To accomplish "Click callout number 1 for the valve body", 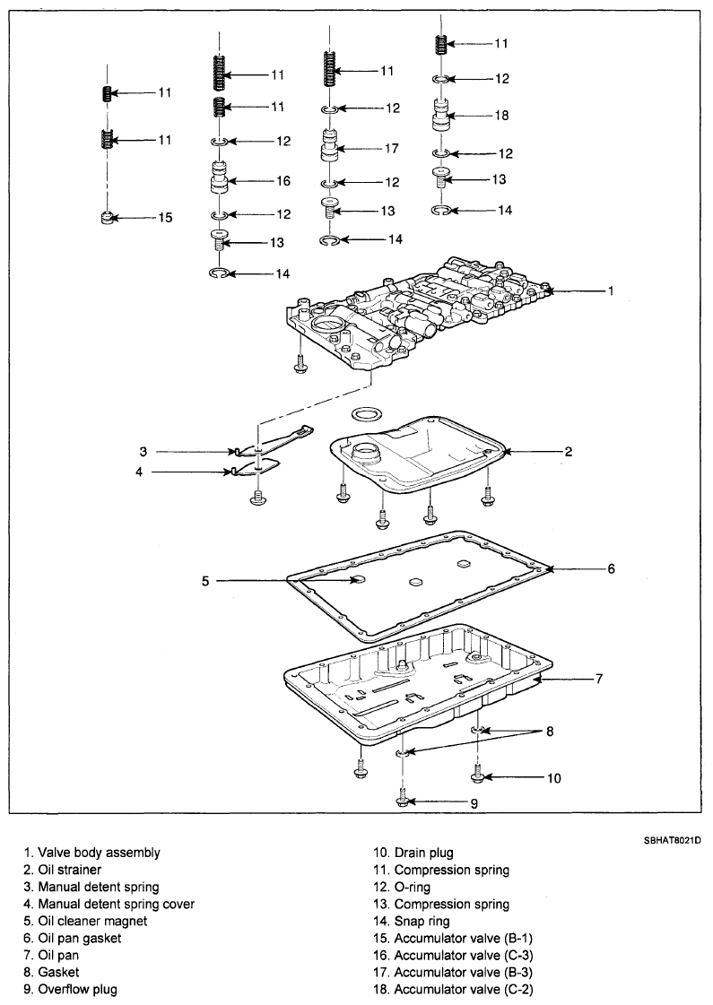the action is (x=611, y=291).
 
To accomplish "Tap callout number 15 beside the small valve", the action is (x=165, y=218).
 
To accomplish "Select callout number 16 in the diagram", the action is (x=283, y=181).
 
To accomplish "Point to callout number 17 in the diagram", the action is (x=392, y=148).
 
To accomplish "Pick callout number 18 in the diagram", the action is (x=501, y=116).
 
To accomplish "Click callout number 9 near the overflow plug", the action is (x=474, y=804).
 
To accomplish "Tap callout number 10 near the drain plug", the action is (x=553, y=778).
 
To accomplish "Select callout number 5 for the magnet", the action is (x=205, y=581).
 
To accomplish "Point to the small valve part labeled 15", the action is (x=109, y=218).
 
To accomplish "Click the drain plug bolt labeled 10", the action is (x=477, y=772).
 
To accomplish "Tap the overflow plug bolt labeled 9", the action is (x=402, y=797).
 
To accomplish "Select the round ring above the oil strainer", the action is (x=366, y=414).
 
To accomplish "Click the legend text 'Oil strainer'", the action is (x=69, y=870).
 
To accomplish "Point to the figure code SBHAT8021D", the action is (x=672, y=839).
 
